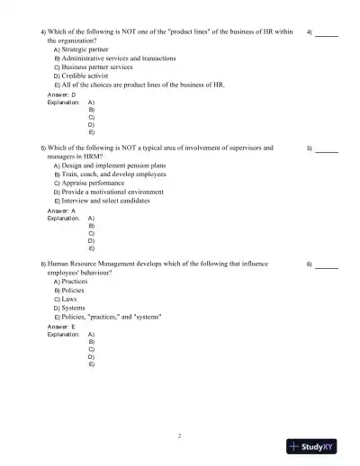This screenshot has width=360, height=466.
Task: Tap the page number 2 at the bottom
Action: pyautogui.click(x=179, y=436)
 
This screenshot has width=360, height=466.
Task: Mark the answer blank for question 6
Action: pyautogui.click(x=327, y=265)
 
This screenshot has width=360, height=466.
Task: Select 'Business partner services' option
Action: pyautogui.click(x=96, y=67)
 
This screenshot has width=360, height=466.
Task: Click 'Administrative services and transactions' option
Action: pyautogui.click(x=118, y=58)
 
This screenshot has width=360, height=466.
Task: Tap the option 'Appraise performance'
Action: pyautogui.click(x=94, y=183)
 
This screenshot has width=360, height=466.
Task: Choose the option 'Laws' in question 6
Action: pyautogui.click(x=70, y=300)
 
